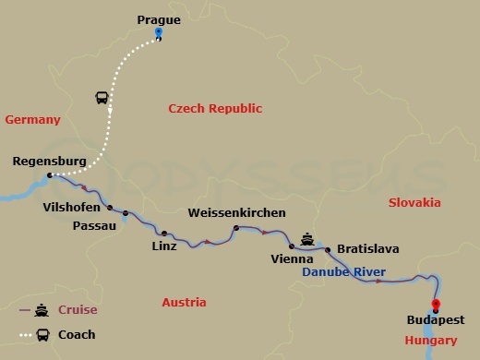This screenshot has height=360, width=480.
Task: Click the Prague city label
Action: (158, 18)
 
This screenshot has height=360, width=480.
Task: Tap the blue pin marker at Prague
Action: (159, 32)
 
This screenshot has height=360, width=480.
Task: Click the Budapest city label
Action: (435, 322)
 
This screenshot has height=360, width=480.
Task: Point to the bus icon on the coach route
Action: (102, 97)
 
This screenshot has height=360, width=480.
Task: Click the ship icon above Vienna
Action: (306, 236)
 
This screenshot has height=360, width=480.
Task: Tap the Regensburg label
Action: (50, 162)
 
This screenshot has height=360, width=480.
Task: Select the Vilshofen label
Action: (73, 208)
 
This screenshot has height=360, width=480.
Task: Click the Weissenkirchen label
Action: (236, 212)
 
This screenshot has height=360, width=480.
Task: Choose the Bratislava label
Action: (367, 248)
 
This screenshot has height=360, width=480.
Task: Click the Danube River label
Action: (345, 272)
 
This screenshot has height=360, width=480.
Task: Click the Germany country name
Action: (32, 120)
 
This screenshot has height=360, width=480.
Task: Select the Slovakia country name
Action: (414, 202)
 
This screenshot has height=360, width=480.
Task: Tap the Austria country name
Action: (184, 303)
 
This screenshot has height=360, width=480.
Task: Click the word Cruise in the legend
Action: (78, 310)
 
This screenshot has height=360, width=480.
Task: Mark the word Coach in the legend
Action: (77, 334)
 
